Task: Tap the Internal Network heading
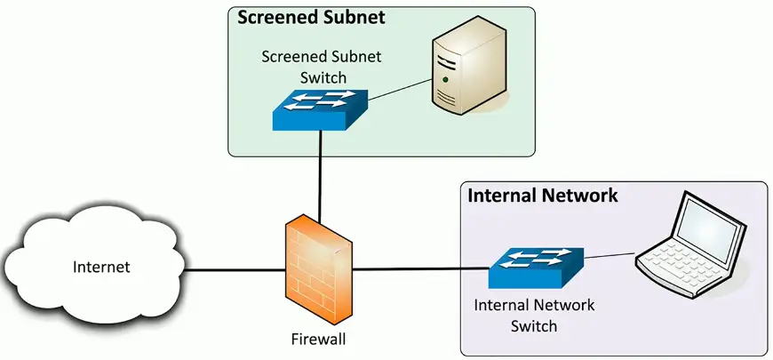pyautogui.click(x=542, y=195)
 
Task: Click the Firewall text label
pyautogui.click(x=317, y=339)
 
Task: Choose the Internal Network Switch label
pyautogui.click(x=533, y=316)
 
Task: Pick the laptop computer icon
pyautogui.click(x=692, y=239)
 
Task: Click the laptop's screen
pyautogui.click(x=707, y=224)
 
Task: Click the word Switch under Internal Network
pyautogui.click(x=533, y=325)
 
